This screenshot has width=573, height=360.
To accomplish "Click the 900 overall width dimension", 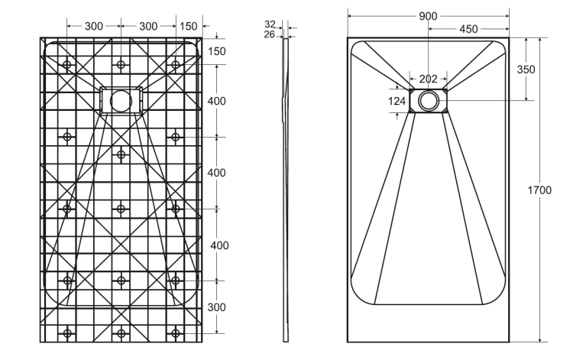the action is pyautogui.click(x=428, y=16).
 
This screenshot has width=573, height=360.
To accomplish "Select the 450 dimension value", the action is pyautogui.click(x=468, y=29).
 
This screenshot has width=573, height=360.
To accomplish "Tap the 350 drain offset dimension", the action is pyautogui.click(x=526, y=69).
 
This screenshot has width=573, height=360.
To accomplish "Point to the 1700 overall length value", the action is pyautogui.click(x=539, y=190).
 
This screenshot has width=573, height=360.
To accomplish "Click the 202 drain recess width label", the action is pyautogui.click(x=428, y=79).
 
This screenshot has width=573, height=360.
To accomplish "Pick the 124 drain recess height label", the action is pyautogui.click(x=397, y=101).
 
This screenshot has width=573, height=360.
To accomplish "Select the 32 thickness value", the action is pyautogui.click(x=270, y=24).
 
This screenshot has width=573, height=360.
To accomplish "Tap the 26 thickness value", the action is pyautogui.click(x=270, y=34).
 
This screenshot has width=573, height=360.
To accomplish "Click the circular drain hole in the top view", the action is pyautogui.click(x=428, y=100).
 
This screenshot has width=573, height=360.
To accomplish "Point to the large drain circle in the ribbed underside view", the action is pyautogui.click(x=121, y=100).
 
